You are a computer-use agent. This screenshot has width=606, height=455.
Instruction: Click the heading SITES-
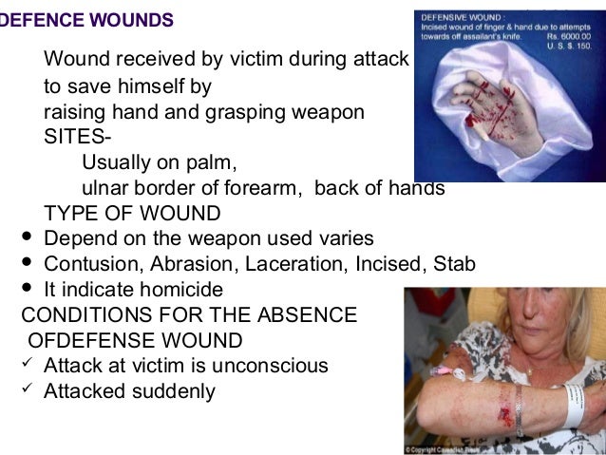tap(71, 136)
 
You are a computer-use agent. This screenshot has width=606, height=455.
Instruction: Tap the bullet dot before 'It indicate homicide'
tap(26, 288)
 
